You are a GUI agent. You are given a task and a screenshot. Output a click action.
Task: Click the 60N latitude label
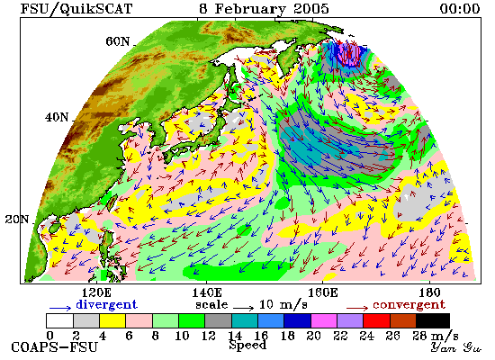pos(117,41)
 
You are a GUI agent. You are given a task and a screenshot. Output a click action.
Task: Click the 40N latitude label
pos(57,117)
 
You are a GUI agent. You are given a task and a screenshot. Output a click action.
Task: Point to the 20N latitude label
pos(17,220)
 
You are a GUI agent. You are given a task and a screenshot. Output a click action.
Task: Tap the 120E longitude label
pos(96,292)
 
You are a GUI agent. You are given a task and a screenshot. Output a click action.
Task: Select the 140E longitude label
pos(207,292)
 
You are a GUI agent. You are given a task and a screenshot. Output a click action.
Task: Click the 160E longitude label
pos(322,292)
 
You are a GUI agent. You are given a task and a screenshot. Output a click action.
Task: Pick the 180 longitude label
pos(429,292)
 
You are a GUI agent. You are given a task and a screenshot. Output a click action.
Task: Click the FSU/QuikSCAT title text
pos(76,9)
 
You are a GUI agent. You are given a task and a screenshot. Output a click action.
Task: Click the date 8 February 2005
pos(264,9)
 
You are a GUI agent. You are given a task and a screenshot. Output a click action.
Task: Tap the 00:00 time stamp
pos(460,9)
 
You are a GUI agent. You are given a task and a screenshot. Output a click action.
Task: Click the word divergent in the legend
pos(107,304)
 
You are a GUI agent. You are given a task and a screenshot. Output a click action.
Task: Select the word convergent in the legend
pos(409,305)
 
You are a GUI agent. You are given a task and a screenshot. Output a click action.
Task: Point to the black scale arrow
pos(243,307)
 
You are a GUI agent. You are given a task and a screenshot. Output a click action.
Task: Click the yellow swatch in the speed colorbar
pos(112,320)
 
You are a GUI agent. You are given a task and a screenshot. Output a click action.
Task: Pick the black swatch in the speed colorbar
pos(433,320)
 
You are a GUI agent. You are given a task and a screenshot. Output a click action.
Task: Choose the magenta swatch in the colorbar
pos(324,320)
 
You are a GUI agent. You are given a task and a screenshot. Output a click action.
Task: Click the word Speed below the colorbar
pos(247,346)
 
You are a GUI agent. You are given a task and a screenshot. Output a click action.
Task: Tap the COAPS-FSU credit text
pos(54,347)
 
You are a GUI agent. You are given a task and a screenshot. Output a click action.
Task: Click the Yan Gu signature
pos(456,347)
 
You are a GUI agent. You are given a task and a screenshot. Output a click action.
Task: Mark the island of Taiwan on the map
pos(112,202)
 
